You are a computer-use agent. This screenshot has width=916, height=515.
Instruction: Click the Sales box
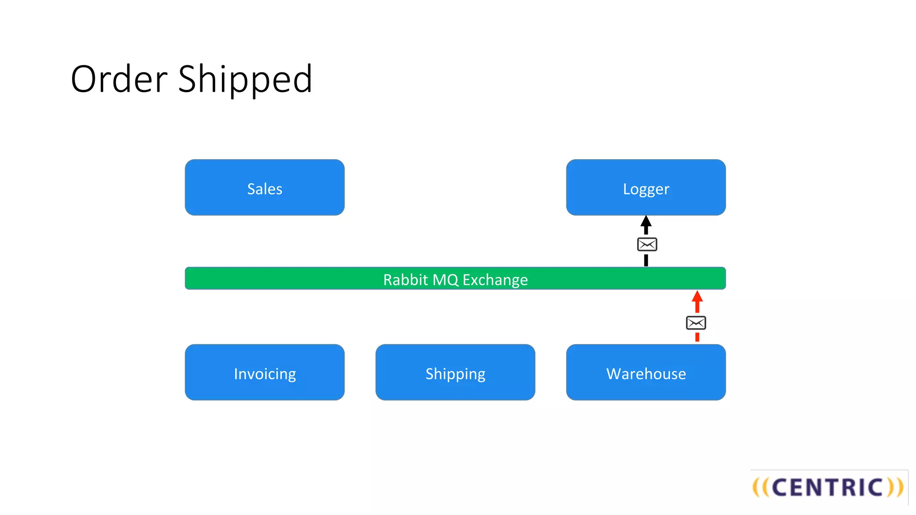[264, 187]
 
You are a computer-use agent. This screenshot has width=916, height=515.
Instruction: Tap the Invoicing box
[264, 372]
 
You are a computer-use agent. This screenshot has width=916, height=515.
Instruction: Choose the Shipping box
[455, 372]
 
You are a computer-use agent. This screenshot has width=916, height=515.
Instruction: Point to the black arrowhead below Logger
[645, 221]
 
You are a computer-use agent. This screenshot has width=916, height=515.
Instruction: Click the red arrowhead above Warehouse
[697, 296]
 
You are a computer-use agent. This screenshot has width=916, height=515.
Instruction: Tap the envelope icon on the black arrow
[647, 245]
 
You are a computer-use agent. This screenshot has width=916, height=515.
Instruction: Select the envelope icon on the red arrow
[696, 323]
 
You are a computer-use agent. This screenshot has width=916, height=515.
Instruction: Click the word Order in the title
[119, 79]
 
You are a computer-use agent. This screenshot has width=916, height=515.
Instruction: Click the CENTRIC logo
[828, 487]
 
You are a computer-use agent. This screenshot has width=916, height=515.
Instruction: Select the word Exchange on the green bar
[495, 280]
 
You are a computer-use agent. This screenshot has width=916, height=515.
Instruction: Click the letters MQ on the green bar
[445, 280]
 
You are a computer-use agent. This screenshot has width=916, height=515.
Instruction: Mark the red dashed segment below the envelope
[697, 337]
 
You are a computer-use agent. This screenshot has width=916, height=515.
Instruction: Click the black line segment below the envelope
[645, 260]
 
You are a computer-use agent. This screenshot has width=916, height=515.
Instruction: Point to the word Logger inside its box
[645, 189]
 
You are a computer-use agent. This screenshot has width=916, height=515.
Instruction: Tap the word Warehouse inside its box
[645, 374]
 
